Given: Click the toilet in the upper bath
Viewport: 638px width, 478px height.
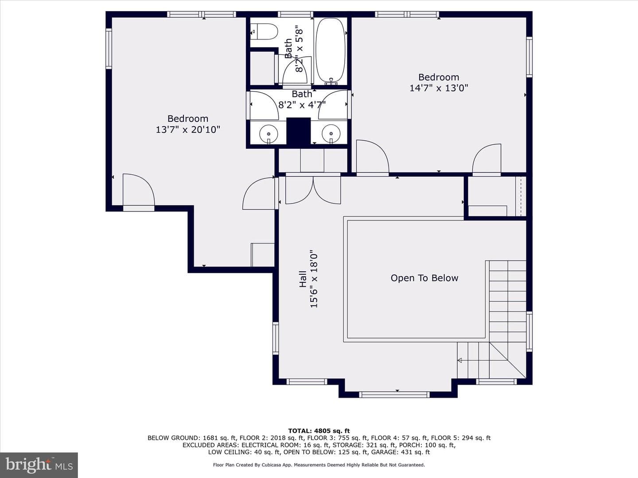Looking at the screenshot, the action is (x=264, y=31).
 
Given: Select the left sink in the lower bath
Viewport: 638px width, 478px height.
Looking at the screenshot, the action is (x=268, y=134).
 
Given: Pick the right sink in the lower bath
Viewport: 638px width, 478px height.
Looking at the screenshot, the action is (x=331, y=134).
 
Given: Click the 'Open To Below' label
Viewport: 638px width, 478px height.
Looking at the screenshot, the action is (x=424, y=278).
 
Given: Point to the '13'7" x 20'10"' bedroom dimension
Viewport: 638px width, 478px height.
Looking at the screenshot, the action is (x=188, y=129).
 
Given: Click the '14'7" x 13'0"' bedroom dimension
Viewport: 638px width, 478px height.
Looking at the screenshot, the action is (x=439, y=88).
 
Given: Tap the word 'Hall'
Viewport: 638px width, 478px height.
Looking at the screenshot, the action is (x=303, y=279).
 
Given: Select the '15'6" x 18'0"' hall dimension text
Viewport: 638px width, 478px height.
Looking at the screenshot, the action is (x=314, y=279).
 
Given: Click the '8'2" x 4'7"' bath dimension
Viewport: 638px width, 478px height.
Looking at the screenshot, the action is (x=302, y=105).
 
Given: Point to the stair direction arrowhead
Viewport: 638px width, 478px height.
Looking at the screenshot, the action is (x=459, y=360).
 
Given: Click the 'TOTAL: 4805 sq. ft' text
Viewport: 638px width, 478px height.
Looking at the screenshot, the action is (x=319, y=431).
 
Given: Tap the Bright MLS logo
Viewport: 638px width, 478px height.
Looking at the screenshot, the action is (x=39, y=465).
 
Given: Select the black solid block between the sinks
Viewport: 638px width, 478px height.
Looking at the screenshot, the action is (x=299, y=131).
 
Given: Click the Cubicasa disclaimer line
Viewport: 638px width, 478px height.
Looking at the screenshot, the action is (x=319, y=465).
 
